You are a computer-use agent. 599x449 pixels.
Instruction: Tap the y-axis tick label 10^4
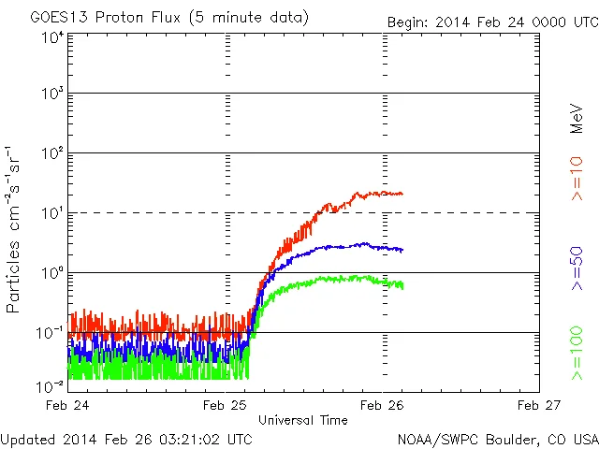pos(52,38)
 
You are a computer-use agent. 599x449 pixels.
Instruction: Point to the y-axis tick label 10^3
pos(52,94)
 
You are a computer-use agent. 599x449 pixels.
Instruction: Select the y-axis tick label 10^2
pos(52,154)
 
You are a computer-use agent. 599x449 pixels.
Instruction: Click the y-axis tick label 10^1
pos(52,214)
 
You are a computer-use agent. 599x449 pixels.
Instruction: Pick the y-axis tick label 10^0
pos(52,274)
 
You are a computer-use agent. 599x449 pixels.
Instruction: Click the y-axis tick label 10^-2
pos(51,386)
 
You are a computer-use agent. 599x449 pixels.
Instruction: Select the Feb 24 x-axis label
pos(68,406)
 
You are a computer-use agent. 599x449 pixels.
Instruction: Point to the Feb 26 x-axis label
pos(384,406)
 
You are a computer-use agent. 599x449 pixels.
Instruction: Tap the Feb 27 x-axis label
pos(540,406)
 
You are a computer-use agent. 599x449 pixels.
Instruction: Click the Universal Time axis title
pos(303,420)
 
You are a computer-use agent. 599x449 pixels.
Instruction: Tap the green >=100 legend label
pos(577,355)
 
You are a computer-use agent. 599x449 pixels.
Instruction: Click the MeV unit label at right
pos(577,119)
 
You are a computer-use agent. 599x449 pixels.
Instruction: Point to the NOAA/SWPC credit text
pos(497,438)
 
